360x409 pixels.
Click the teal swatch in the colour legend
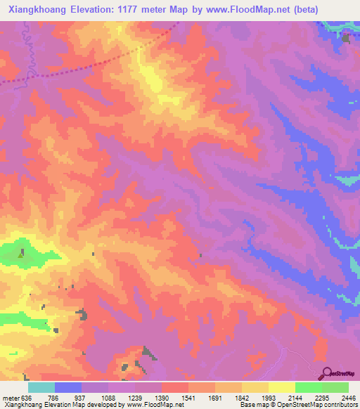pos(41,387)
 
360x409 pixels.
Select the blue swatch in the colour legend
pos(68,387)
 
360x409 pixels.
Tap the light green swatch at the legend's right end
pos(335,387)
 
